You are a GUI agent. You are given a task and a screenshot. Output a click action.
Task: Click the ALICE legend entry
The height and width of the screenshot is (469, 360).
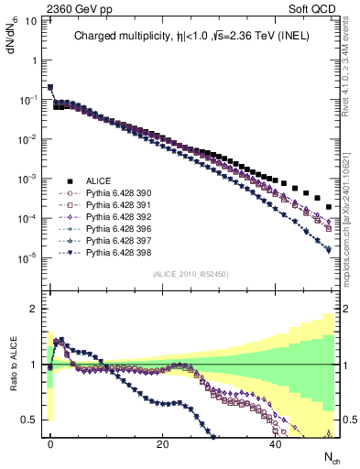(98, 181)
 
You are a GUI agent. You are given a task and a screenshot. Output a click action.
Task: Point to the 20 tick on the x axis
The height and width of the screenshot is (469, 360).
(162, 443)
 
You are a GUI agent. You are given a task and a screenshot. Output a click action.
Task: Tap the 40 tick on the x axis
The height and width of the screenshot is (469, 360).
(275, 443)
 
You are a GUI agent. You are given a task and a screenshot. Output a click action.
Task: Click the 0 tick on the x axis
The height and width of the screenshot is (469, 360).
(50, 443)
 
